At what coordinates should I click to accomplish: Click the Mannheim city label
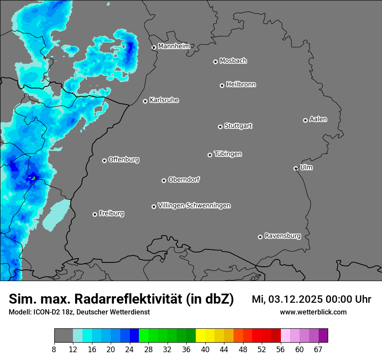click(174, 46)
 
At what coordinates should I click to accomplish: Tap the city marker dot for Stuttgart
click(220, 127)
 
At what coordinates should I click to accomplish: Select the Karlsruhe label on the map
click(164, 100)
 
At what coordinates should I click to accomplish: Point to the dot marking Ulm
click(296, 168)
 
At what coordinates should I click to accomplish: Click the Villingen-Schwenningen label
click(194, 206)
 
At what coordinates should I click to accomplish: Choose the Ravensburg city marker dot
click(260, 237)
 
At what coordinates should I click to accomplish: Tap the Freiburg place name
click(111, 213)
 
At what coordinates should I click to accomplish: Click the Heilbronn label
click(241, 85)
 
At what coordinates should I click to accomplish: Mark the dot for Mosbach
click(215, 62)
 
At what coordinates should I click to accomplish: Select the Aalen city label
click(318, 119)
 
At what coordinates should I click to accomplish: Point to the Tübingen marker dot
click(210, 155)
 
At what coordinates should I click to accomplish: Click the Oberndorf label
click(184, 180)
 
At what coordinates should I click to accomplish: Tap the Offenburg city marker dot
click(104, 160)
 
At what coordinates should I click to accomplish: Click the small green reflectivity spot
click(32, 177)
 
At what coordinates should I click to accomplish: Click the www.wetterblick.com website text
click(313, 312)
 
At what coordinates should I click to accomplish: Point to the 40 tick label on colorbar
click(205, 350)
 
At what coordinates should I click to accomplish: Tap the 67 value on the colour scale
click(318, 350)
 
